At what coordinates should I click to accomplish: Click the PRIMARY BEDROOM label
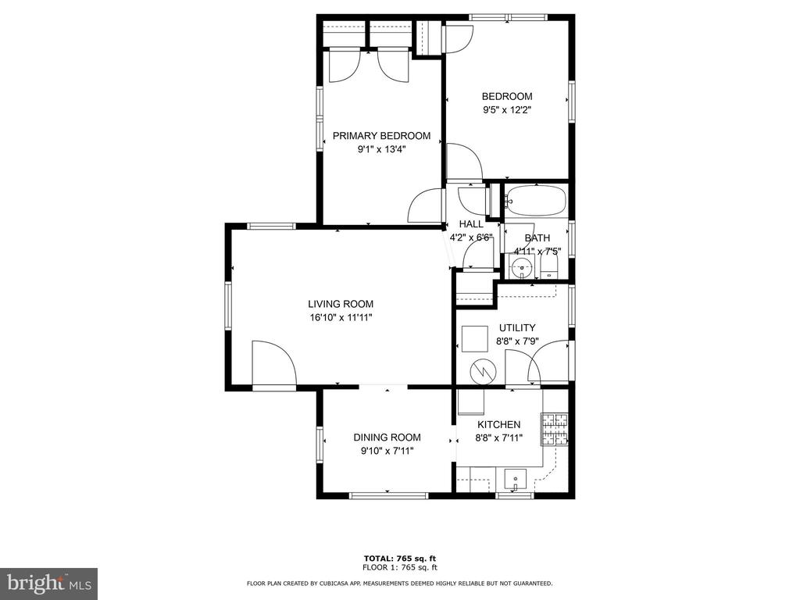[x=381, y=136]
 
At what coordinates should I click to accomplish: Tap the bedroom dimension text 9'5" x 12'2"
[x=507, y=109]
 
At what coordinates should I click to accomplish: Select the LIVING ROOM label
[x=341, y=304]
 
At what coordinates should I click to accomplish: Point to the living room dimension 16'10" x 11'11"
[x=341, y=318]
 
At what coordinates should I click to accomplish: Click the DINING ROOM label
[x=387, y=437]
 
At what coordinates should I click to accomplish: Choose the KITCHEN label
[x=499, y=424]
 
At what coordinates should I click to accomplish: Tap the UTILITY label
[x=517, y=327]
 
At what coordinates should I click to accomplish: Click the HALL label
[x=471, y=224]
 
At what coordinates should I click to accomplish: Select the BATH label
[x=537, y=237]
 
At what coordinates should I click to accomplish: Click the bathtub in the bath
[x=536, y=201]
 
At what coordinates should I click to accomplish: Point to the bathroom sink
[x=521, y=266]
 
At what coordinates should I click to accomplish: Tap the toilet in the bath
[x=549, y=266]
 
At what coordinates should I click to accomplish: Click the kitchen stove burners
[x=555, y=429]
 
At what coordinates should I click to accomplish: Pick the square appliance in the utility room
[x=475, y=339]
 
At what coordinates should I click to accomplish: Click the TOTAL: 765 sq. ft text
[x=400, y=559]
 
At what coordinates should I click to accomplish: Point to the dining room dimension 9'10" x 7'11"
[x=387, y=451]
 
